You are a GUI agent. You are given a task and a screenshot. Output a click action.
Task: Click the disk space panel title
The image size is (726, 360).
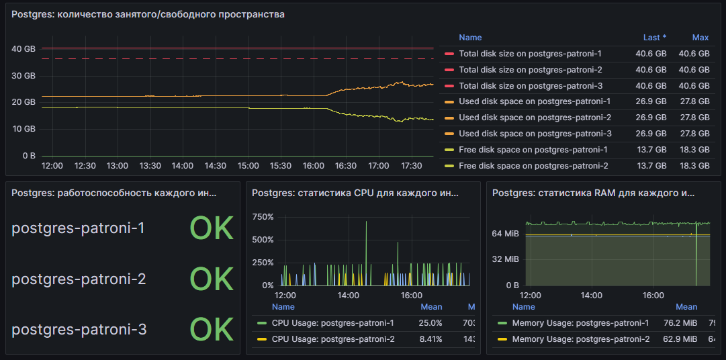[x=148, y=14]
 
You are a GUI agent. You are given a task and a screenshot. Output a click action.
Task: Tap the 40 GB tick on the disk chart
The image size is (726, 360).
[x=23, y=48]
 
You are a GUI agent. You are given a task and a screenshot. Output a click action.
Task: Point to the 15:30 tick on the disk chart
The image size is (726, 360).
[x=280, y=165]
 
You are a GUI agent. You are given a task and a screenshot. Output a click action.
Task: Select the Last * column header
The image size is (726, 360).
[x=655, y=38]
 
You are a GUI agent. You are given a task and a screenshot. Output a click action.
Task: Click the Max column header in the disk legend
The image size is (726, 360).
[x=700, y=38]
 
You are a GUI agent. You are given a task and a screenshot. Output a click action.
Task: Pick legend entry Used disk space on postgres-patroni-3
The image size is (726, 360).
[x=535, y=134]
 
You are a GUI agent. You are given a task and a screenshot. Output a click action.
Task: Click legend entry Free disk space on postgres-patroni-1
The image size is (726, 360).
[x=533, y=150]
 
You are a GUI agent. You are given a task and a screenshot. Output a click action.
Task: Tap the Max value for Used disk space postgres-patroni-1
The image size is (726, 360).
[x=694, y=102]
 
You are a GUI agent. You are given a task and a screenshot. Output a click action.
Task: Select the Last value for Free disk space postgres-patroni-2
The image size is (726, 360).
[x=651, y=166]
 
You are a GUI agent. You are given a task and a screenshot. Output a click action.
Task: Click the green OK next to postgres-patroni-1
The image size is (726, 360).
[x=212, y=228]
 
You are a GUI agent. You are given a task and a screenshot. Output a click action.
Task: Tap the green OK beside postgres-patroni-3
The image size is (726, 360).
[x=212, y=329]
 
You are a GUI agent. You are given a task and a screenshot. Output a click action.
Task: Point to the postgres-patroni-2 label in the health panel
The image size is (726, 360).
[x=79, y=279]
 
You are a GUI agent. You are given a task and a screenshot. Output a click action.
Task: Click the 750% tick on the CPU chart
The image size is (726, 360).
[x=263, y=218]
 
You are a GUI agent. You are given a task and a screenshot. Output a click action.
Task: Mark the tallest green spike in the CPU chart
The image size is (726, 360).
[x=366, y=222]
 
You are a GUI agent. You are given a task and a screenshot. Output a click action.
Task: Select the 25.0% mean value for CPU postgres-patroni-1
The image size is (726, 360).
[x=431, y=323]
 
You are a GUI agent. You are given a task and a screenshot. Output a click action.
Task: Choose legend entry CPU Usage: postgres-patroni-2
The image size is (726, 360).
[x=333, y=339]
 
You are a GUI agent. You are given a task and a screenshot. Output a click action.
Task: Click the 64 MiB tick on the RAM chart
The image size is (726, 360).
[x=506, y=234]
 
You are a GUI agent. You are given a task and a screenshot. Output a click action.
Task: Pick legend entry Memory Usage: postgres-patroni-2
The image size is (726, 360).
[x=581, y=339]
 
